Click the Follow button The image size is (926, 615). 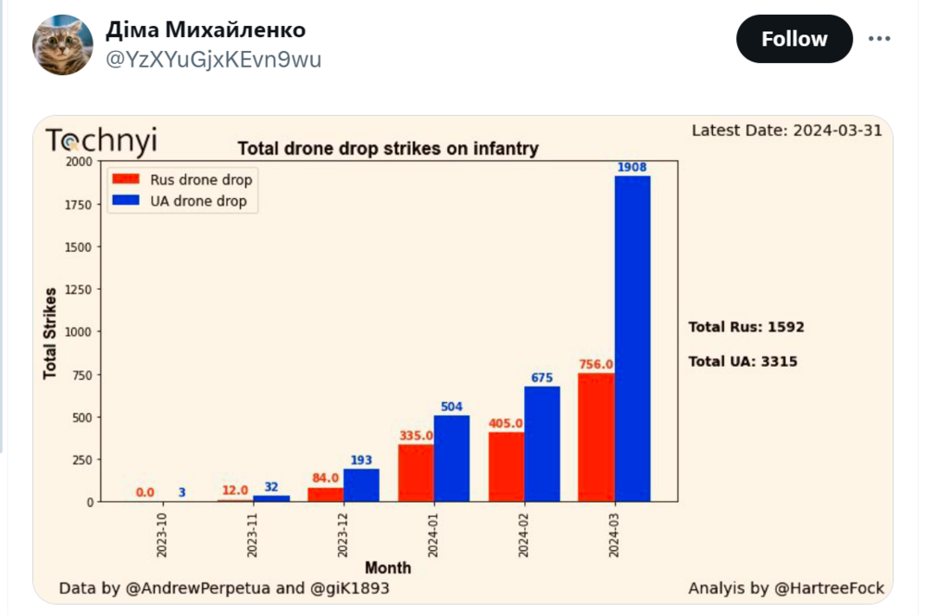coord(794,39)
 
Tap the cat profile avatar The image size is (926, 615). coord(63,44)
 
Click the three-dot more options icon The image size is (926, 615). coord(879,39)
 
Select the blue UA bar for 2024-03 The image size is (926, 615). coord(632,338)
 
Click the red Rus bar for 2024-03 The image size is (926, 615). coord(596,437)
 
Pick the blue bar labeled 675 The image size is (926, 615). coord(542,444)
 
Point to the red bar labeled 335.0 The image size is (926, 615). coord(416,472)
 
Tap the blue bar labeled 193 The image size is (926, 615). coord(361,484)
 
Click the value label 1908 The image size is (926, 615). coord(632,168)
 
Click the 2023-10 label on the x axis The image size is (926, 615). coord(163,533)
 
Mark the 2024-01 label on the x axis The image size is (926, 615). coord(434,533)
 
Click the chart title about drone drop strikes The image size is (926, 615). coord(388,148)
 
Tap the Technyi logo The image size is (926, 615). coord(102,141)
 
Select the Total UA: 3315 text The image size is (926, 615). coord(743,361)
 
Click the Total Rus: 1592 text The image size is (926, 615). coord(746,327)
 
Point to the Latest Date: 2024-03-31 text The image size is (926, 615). coord(786,130)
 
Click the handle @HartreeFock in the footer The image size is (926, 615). coord(830,588)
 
